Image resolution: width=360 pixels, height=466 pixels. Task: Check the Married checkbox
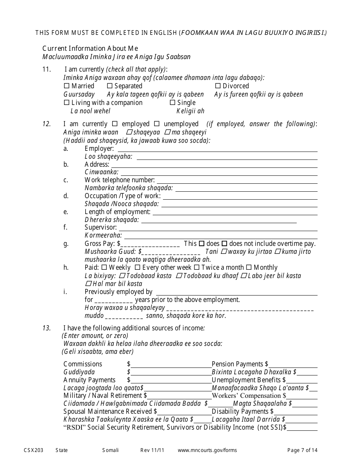click(67, 86)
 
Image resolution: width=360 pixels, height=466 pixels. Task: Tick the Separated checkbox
click(110, 86)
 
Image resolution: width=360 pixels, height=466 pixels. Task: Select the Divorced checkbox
click(218, 86)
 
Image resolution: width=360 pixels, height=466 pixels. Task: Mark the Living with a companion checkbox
click(67, 103)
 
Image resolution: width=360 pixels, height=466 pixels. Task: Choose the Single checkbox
click(172, 103)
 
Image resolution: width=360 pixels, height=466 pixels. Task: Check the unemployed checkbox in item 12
click(157, 124)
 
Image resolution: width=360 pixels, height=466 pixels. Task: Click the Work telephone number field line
click(237, 181)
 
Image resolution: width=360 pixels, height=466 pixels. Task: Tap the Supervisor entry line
click(218, 228)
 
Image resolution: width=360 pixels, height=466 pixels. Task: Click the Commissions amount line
click(171, 365)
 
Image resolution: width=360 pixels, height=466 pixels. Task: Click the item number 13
click(47, 328)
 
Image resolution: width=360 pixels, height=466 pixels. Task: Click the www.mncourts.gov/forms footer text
click(207, 450)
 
